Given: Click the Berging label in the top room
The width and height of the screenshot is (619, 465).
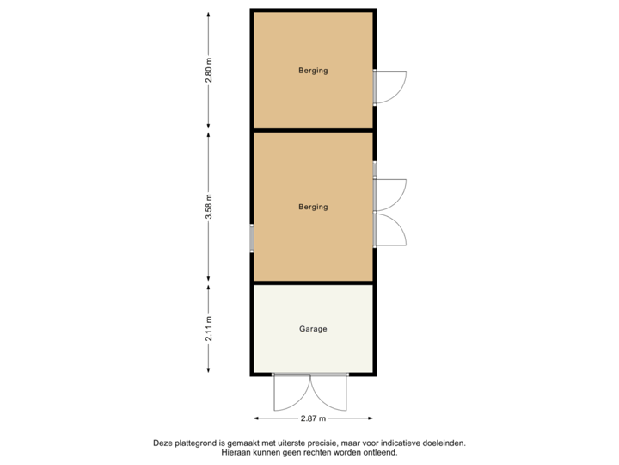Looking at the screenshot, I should pyautogui.click(x=313, y=71).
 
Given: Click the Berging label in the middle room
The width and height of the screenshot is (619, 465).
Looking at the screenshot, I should pyautogui.click(x=313, y=207).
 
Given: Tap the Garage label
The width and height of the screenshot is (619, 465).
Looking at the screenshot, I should pyautogui.click(x=313, y=329).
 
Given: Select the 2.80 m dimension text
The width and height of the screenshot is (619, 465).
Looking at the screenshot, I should pyautogui.click(x=209, y=71).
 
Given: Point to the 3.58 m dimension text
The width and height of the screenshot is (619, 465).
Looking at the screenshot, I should pyautogui.click(x=209, y=208).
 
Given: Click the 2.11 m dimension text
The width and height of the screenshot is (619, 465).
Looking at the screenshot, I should pyautogui.click(x=209, y=329).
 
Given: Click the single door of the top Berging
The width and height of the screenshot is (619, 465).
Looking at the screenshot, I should pyautogui.click(x=392, y=87).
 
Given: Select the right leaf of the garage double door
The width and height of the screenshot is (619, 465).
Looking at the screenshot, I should pyautogui.click(x=330, y=394).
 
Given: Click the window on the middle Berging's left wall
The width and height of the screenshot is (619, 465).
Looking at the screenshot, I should pyautogui.click(x=251, y=238).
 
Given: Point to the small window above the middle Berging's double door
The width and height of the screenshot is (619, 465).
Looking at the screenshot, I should pyautogui.click(x=375, y=170).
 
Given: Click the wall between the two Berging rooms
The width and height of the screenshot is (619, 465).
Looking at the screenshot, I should pyautogui.click(x=313, y=130).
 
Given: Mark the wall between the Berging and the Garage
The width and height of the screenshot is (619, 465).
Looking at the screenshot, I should pyautogui.click(x=313, y=282).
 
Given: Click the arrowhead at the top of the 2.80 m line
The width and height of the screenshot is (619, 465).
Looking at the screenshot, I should pyautogui.click(x=209, y=13).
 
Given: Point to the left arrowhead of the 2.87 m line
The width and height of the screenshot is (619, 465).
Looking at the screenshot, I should pyautogui.click(x=254, y=418).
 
